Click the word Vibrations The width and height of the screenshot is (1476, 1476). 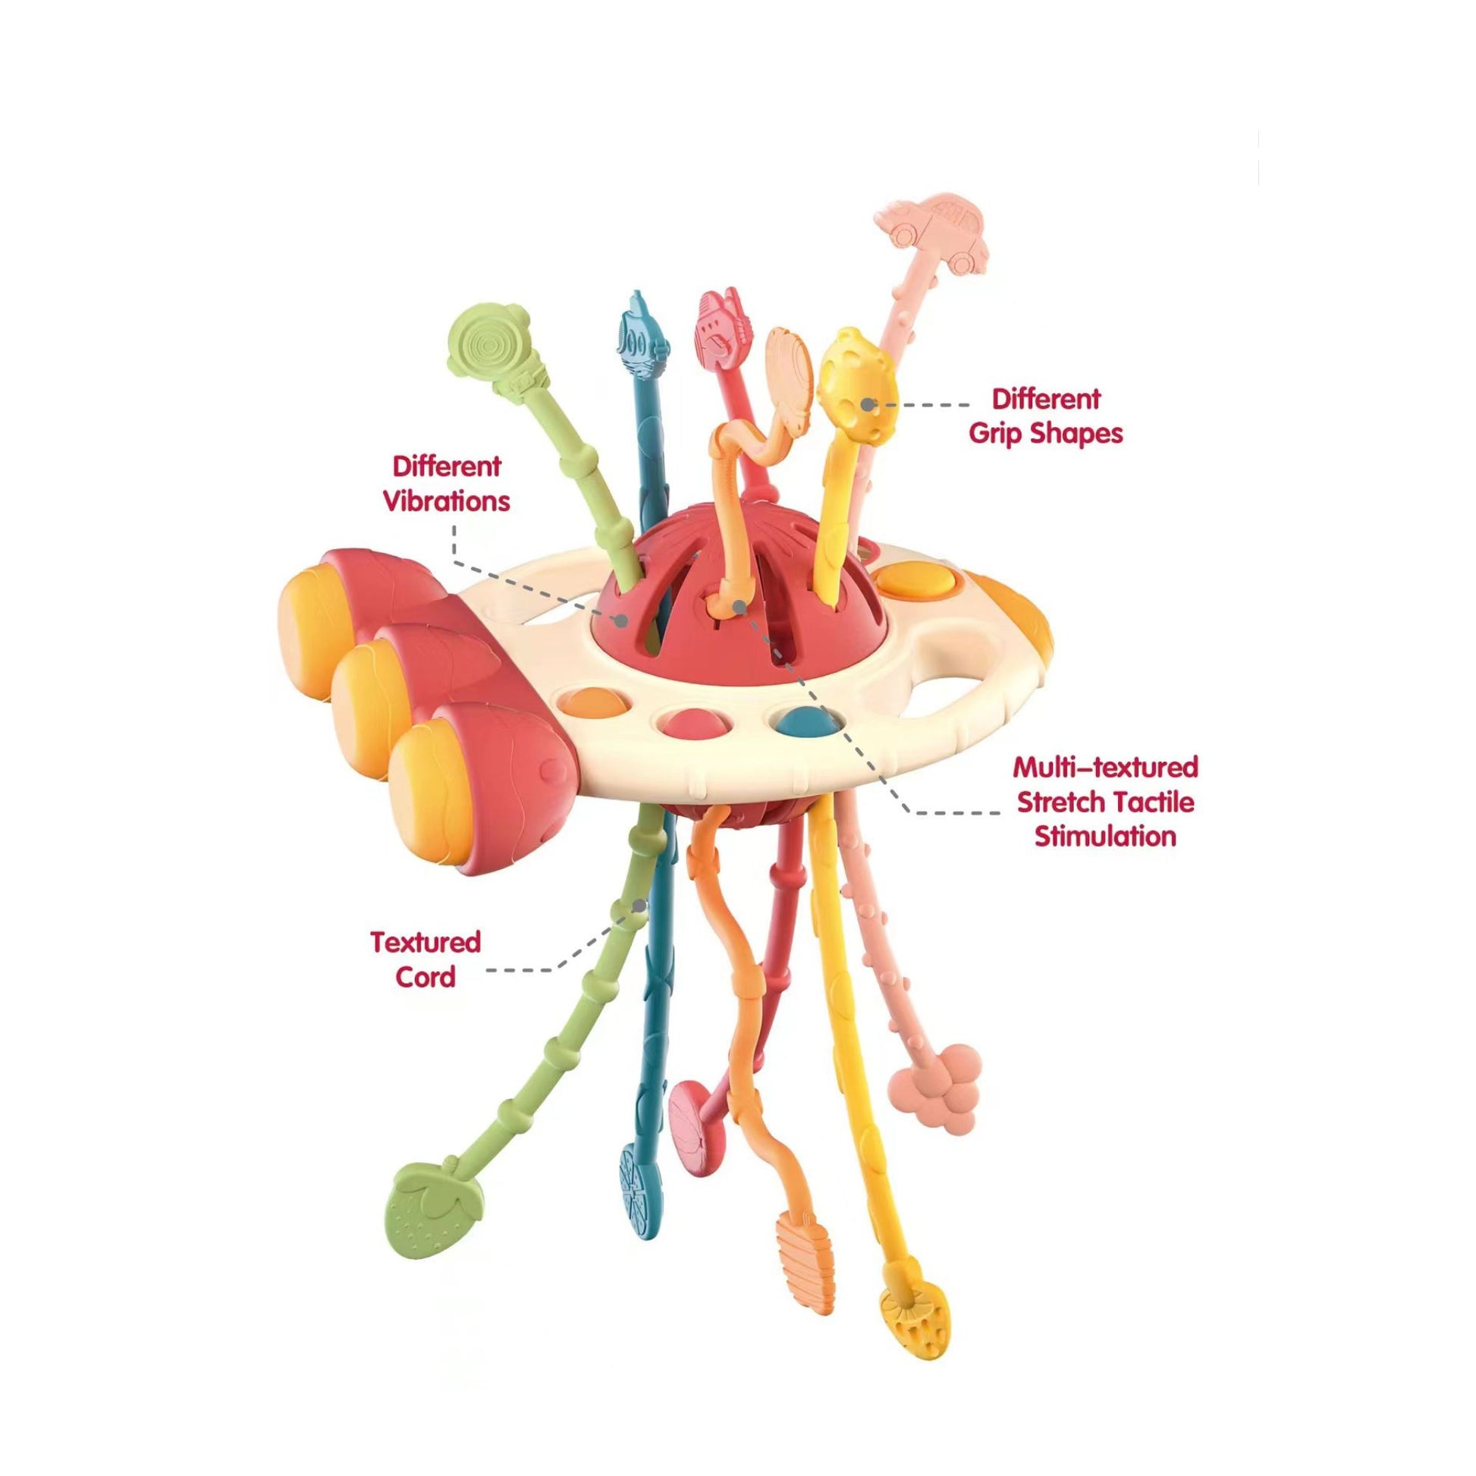coord(447,501)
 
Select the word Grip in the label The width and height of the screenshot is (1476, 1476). coord(1009,433)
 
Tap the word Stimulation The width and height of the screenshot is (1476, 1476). coord(1104,837)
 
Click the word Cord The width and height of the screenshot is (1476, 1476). coord(425,977)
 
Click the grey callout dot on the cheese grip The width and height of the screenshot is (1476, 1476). coord(867,405)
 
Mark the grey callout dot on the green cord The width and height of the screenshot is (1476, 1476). coord(639,905)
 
